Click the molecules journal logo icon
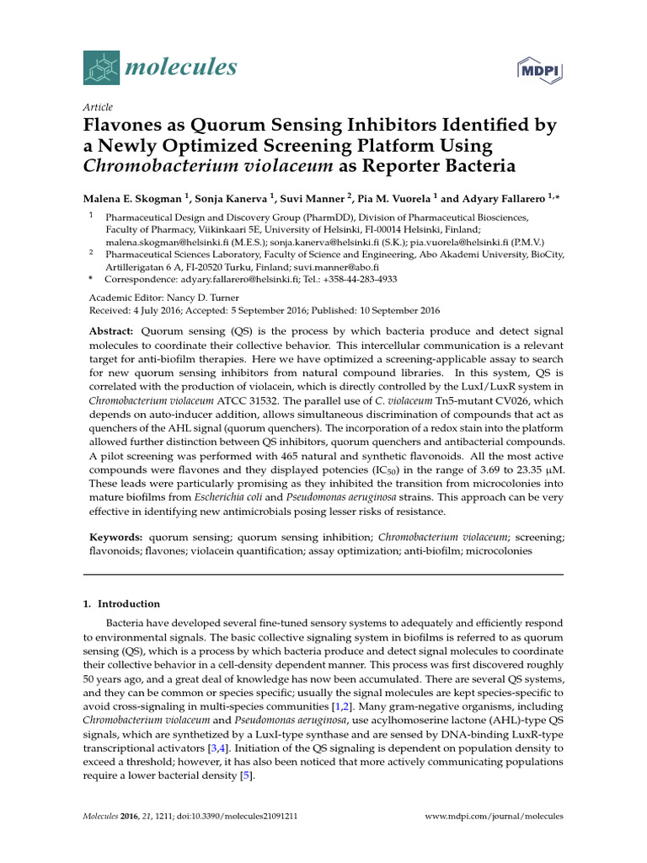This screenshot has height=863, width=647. tap(103, 67)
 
